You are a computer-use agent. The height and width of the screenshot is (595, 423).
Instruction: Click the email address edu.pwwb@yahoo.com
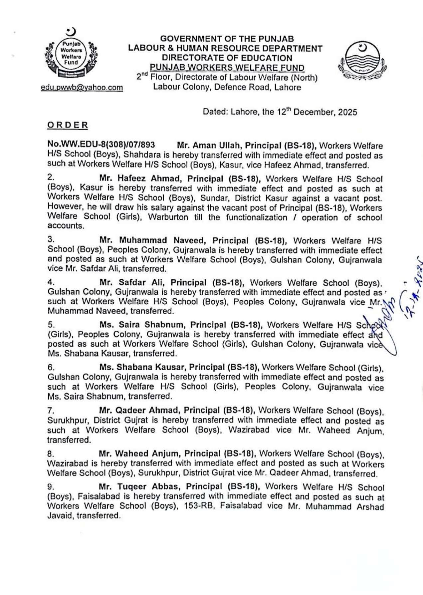[82, 87]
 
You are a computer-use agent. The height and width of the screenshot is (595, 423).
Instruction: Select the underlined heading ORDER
[68, 125]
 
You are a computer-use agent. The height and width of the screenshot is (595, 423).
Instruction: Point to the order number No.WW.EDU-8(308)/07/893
[102, 145]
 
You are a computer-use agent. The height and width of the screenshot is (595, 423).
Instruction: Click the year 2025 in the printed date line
[347, 112]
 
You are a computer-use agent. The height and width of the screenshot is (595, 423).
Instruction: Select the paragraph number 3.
[51, 239]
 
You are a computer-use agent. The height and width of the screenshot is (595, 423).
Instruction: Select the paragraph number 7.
[51, 410]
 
